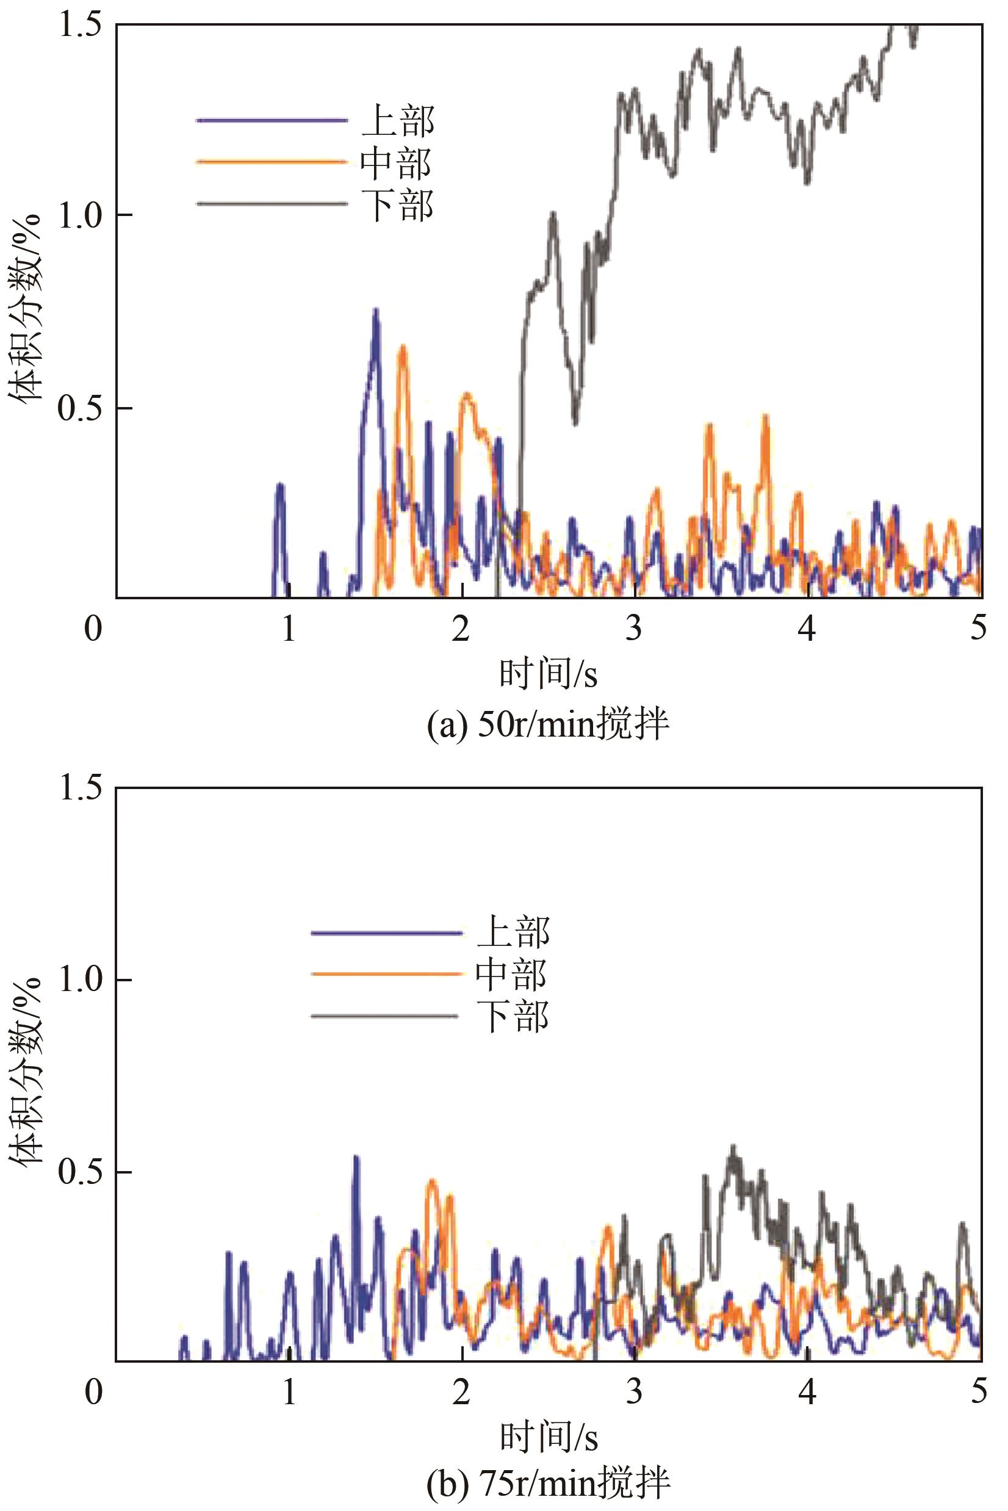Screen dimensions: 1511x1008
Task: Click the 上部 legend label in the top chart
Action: click(x=398, y=121)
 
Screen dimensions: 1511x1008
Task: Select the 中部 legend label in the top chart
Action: click(x=396, y=163)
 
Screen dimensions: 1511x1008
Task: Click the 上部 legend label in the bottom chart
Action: click(x=513, y=932)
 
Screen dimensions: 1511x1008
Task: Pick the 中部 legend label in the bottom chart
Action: click(x=512, y=974)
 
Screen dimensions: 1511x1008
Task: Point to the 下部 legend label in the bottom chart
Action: click(x=513, y=1017)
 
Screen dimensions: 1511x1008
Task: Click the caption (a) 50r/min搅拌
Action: click(x=549, y=725)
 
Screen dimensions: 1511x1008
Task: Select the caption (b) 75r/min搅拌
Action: click(x=549, y=1483)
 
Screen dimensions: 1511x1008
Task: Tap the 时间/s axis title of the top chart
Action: click(x=549, y=674)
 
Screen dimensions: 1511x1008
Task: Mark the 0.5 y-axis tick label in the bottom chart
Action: click(x=81, y=1172)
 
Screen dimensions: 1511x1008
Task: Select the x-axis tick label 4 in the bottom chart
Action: click(x=807, y=1391)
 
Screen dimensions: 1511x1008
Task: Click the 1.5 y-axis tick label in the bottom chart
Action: click(x=81, y=788)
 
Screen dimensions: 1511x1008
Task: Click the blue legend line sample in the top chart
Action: click(x=272, y=120)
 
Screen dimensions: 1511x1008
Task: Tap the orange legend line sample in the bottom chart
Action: click(x=386, y=974)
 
